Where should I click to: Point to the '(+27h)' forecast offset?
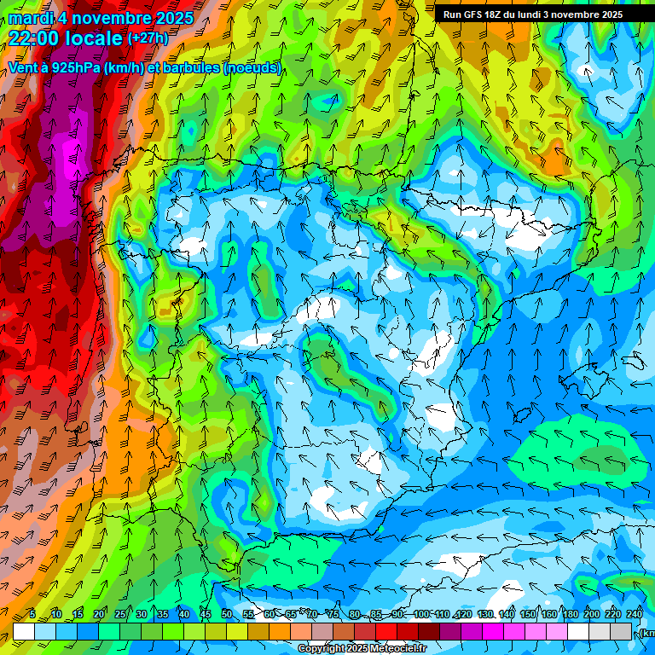[x=147, y=38]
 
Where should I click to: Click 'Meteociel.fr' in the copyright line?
[x=398, y=648]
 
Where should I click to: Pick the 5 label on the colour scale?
[x=32, y=614]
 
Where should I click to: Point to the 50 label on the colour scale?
[x=227, y=614]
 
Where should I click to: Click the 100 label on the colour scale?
[x=421, y=614]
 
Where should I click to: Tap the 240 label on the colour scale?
[x=635, y=614]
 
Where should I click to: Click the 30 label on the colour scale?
[x=141, y=614]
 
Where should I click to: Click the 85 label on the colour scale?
[x=377, y=614]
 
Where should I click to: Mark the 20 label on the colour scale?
[x=98, y=614]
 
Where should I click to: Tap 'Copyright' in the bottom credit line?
[x=320, y=648]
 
